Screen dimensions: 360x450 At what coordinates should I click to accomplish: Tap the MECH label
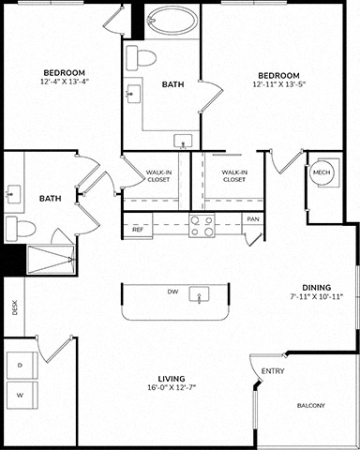coord(322,172)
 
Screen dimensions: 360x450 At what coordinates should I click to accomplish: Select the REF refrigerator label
coord(138,230)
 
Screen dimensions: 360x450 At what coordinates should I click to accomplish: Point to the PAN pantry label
coord(253,219)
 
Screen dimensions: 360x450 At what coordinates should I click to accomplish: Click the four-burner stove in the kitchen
coord(202,226)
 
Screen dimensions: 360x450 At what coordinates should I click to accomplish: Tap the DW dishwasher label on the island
coord(172,292)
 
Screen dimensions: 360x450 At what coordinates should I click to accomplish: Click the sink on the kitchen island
coord(199,294)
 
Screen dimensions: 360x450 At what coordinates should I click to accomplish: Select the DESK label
coord(14,307)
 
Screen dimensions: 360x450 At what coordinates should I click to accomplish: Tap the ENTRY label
coord(273,371)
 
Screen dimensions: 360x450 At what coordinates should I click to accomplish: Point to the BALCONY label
coord(311,406)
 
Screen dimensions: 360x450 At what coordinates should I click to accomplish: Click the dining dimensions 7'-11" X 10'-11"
coord(317,296)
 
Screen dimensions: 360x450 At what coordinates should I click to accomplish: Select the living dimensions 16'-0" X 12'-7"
coord(172,388)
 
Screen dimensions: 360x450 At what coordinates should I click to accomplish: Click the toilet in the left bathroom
coord(21,229)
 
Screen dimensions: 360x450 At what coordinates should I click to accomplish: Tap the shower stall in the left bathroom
coord(51,260)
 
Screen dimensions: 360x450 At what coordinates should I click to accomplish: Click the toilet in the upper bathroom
coord(141,58)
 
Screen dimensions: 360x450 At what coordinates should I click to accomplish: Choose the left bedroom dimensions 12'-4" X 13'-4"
coord(65,82)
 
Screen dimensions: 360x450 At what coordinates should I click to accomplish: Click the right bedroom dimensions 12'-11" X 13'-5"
coord(278,84)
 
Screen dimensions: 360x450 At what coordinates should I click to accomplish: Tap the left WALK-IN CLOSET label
coord(158,176)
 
